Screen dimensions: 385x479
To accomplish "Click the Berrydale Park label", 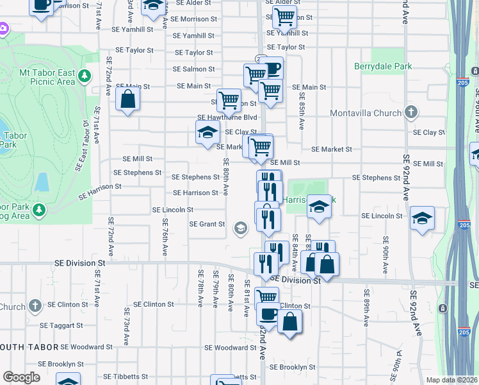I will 382,66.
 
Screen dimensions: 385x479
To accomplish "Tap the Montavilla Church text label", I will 365,114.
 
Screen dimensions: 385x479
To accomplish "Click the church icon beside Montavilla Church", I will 411,113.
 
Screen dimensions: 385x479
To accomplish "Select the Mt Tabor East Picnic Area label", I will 47,78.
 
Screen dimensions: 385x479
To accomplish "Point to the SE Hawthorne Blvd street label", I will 227,117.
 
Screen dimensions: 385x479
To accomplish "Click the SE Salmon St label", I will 194,69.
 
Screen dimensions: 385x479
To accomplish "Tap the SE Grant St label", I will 207,225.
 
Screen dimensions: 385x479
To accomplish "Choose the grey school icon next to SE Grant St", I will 241,228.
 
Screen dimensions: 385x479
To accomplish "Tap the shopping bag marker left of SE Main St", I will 128,99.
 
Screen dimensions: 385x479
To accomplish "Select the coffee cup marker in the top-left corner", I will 42,5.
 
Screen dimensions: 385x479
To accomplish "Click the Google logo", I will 21,377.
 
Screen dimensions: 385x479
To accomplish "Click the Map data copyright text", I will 452,380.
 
